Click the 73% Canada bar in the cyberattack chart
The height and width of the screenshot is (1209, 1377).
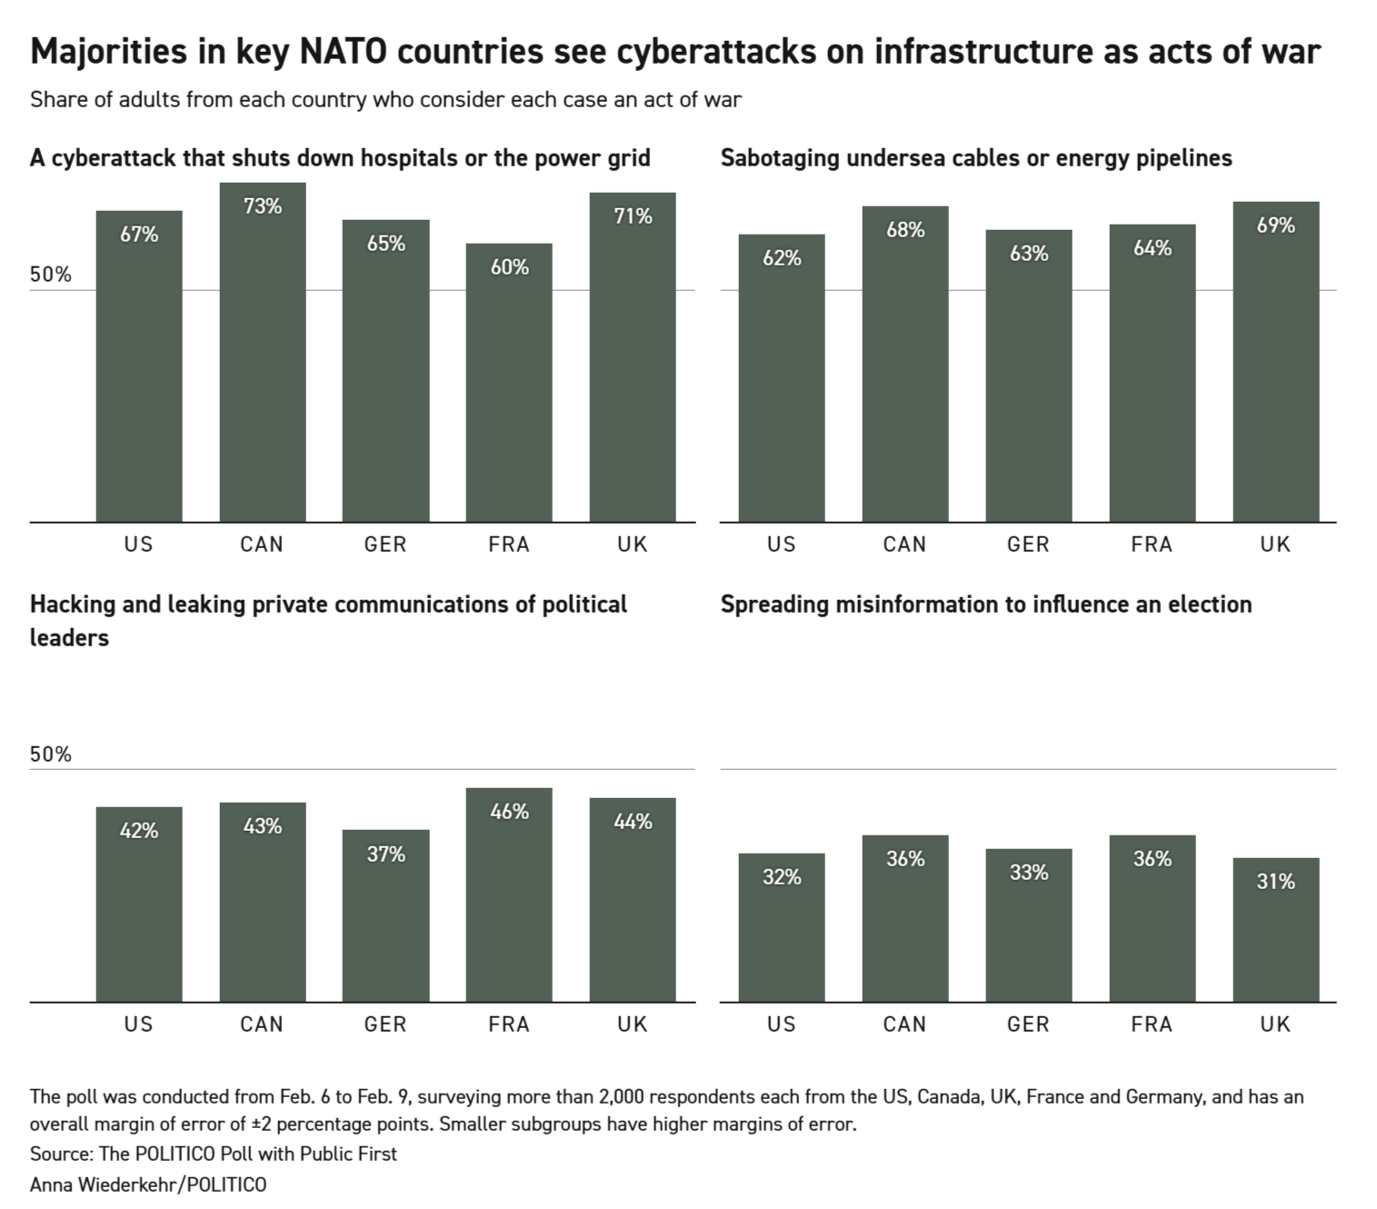pos(262,364)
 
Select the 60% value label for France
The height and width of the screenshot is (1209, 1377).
pos(509,267)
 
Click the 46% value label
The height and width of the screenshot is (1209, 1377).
pos(509,812)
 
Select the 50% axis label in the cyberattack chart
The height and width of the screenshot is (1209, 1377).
pos(50,275)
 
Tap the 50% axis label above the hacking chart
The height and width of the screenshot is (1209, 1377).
pos(50,754)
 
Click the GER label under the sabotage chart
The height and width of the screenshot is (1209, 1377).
pos(1028,545)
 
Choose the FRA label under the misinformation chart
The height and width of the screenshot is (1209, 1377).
pos(1152,1024)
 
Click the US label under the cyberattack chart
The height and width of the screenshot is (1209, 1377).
pos(138,545)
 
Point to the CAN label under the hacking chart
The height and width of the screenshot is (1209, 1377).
pos(262,1024)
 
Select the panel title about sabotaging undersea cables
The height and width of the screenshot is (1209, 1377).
pos(976,158)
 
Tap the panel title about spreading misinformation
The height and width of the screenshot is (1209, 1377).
pos(986,604)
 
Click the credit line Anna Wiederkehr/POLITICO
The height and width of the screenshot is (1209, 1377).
pos(148,1184)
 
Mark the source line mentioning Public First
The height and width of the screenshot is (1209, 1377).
pos(214,1154)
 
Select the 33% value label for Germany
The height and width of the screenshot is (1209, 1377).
pos(1028,873)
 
